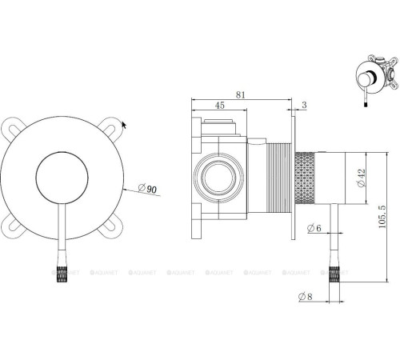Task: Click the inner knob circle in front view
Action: (x=62, y=180)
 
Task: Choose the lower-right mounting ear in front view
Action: (x=110, y=227)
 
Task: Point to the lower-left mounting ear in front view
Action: (x=14, y=228)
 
